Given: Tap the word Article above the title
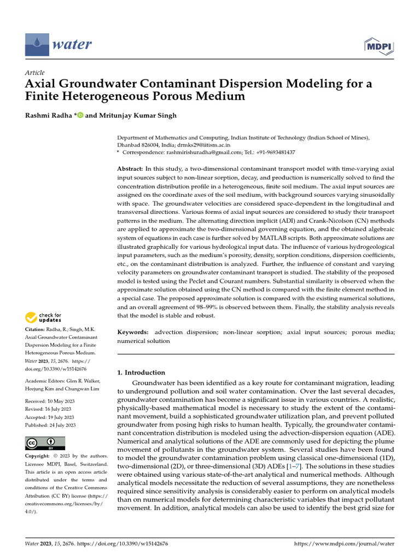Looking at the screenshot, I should coord(35,73).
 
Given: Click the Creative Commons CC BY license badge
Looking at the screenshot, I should coord(45,443).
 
